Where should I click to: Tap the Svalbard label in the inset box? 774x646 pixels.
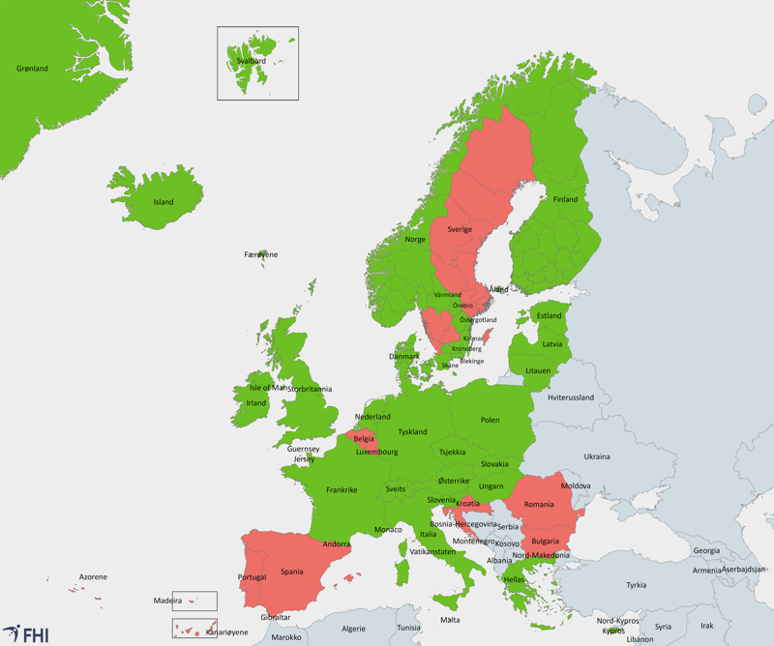pos(252,61)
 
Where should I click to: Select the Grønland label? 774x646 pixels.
pos(32,69)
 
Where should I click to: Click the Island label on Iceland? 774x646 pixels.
pos(164,202)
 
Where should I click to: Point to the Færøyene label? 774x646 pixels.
pos(261,254)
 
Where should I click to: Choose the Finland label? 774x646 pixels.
pos(565,199)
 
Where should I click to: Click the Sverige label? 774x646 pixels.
pos(460,229)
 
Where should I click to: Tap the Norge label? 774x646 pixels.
pos(415,239)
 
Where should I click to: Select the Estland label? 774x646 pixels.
pos(549,316)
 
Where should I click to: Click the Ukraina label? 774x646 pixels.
pos(597,456)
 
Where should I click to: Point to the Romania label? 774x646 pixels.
pos(539,504)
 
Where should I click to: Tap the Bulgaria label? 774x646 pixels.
pos(547,541)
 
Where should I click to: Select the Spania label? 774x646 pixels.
pos(291,572)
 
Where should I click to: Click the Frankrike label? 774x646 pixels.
pos(342,489)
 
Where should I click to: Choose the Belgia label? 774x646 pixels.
pos(364,438)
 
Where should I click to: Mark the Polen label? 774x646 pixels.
pos(491,420)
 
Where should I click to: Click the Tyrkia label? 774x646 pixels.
pos(636,584)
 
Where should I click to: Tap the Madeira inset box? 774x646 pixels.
pos(194,601)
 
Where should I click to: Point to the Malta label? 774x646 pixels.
pos(450,620)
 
